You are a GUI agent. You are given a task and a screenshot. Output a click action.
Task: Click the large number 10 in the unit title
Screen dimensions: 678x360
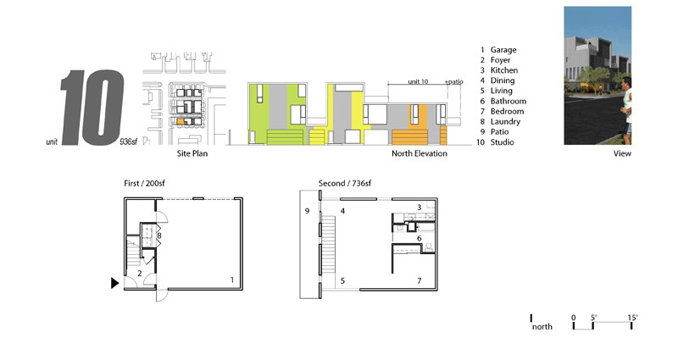[92, 108]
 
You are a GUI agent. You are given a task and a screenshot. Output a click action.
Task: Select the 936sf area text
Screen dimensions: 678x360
[129, 141]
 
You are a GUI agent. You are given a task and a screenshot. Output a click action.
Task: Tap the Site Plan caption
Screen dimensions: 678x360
[192, 153]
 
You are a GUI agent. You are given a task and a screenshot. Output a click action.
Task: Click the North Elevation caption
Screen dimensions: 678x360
[419, 153]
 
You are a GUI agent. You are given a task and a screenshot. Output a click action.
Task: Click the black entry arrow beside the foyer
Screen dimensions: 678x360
[114, 283]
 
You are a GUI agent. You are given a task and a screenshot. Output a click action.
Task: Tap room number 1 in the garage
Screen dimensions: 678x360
[232, 280]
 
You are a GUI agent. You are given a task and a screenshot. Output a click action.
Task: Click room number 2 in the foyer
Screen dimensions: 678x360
[140, 273]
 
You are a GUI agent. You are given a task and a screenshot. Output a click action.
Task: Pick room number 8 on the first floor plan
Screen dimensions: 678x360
[159, 236]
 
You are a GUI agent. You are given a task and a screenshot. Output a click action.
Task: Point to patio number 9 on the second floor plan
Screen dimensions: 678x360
[307, 211]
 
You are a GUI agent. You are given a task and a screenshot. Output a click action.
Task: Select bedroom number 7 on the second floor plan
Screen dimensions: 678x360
[419, 281]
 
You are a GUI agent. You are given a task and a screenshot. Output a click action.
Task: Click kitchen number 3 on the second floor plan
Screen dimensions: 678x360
[419, 208]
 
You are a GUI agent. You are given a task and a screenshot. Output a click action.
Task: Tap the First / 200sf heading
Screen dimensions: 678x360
[144, 183]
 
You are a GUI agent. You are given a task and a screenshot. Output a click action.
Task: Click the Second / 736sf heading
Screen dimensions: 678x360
[345, 183]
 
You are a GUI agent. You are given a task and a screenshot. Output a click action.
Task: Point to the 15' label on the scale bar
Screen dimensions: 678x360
[632, 318]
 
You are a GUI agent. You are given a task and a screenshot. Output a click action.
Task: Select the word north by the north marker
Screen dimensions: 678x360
[542, 327]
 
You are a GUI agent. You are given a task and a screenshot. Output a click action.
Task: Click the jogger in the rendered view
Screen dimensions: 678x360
[626, 110]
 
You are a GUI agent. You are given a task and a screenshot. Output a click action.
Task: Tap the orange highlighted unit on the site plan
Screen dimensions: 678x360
[181, 122]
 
